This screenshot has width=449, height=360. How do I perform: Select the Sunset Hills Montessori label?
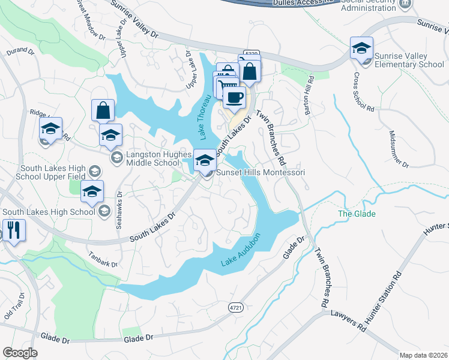tap(261, 172)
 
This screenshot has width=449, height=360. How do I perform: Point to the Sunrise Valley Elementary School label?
tap(409, 60)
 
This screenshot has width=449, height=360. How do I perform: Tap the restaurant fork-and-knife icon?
tap(13, 229)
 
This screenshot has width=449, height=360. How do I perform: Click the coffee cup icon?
tap(234, 97)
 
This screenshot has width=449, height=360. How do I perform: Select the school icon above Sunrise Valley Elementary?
tap(361, 47)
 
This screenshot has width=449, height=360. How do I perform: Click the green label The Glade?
tap(357, 214)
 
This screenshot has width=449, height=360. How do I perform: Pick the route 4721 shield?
tap(237, 307)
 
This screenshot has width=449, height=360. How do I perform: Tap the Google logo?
tap(20, 352)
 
